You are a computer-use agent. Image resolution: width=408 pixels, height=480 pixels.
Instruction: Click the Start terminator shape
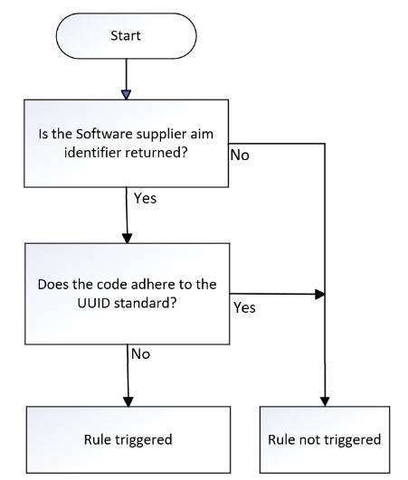point(126,36)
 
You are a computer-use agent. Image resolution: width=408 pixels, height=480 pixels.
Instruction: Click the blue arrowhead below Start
point(126,95)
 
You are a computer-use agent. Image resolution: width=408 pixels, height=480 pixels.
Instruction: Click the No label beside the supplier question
point(240,155)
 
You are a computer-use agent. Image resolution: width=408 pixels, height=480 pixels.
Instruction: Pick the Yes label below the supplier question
point(145,198)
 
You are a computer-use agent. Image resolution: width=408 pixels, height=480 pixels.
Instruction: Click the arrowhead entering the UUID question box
point(128,239)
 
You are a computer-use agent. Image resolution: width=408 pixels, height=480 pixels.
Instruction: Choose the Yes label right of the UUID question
point(244,307)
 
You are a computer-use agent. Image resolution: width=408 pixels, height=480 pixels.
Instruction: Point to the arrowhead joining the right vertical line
point(320,295)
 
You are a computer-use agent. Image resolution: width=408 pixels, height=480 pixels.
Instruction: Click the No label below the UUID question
point(140,354)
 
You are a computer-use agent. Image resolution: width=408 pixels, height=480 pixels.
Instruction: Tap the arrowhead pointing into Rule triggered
point(128,402)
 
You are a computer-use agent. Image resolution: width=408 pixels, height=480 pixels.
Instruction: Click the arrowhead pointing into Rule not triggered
point(325,401)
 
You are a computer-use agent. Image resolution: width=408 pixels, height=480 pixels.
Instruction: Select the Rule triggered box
point(128,440)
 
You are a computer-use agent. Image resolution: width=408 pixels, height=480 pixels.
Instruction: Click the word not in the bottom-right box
point(310,440)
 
